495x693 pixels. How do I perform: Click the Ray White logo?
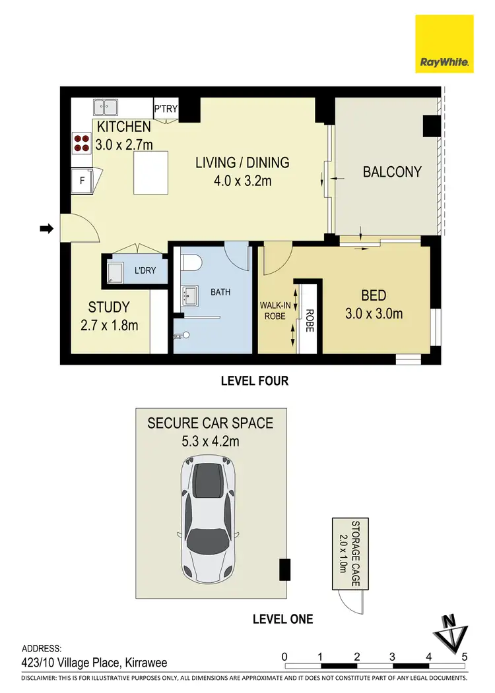(444, 44)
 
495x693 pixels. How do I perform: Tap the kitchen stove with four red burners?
(82, 143)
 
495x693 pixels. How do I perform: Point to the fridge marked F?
(83, 179)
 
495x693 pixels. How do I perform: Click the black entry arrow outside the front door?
(46, 229)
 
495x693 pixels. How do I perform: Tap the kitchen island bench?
(150, 173)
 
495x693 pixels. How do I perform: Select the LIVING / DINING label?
(242, 162)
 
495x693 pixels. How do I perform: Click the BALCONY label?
(392, 172)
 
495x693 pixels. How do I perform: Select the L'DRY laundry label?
(145, 270)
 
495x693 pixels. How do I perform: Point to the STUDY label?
(109, 307)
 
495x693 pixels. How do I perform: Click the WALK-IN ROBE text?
(275, 311)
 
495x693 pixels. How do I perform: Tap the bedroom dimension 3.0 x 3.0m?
(373, 314)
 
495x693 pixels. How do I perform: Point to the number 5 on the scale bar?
(465, 657)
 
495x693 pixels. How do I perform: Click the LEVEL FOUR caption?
(254, 380)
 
